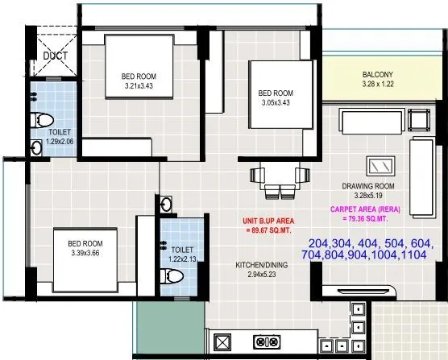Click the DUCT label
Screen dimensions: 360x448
pos(55,56)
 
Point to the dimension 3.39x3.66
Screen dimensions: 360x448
pos(85,253)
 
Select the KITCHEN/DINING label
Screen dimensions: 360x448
pos(259,265)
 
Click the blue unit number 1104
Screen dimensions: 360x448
pos(413,254)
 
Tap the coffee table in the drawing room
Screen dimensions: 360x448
pos(379,166)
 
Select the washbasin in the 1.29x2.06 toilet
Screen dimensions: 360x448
pos(35,147)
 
